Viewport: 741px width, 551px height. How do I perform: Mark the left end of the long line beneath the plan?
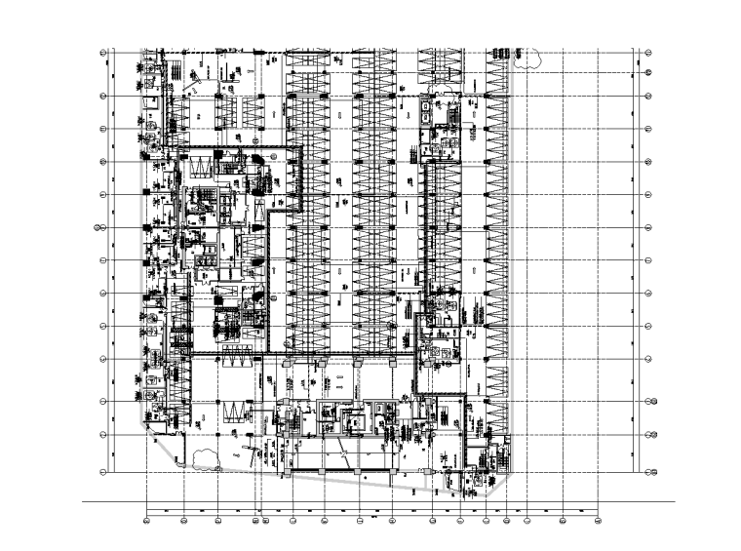pyautogui.click(x=84, y=503)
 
